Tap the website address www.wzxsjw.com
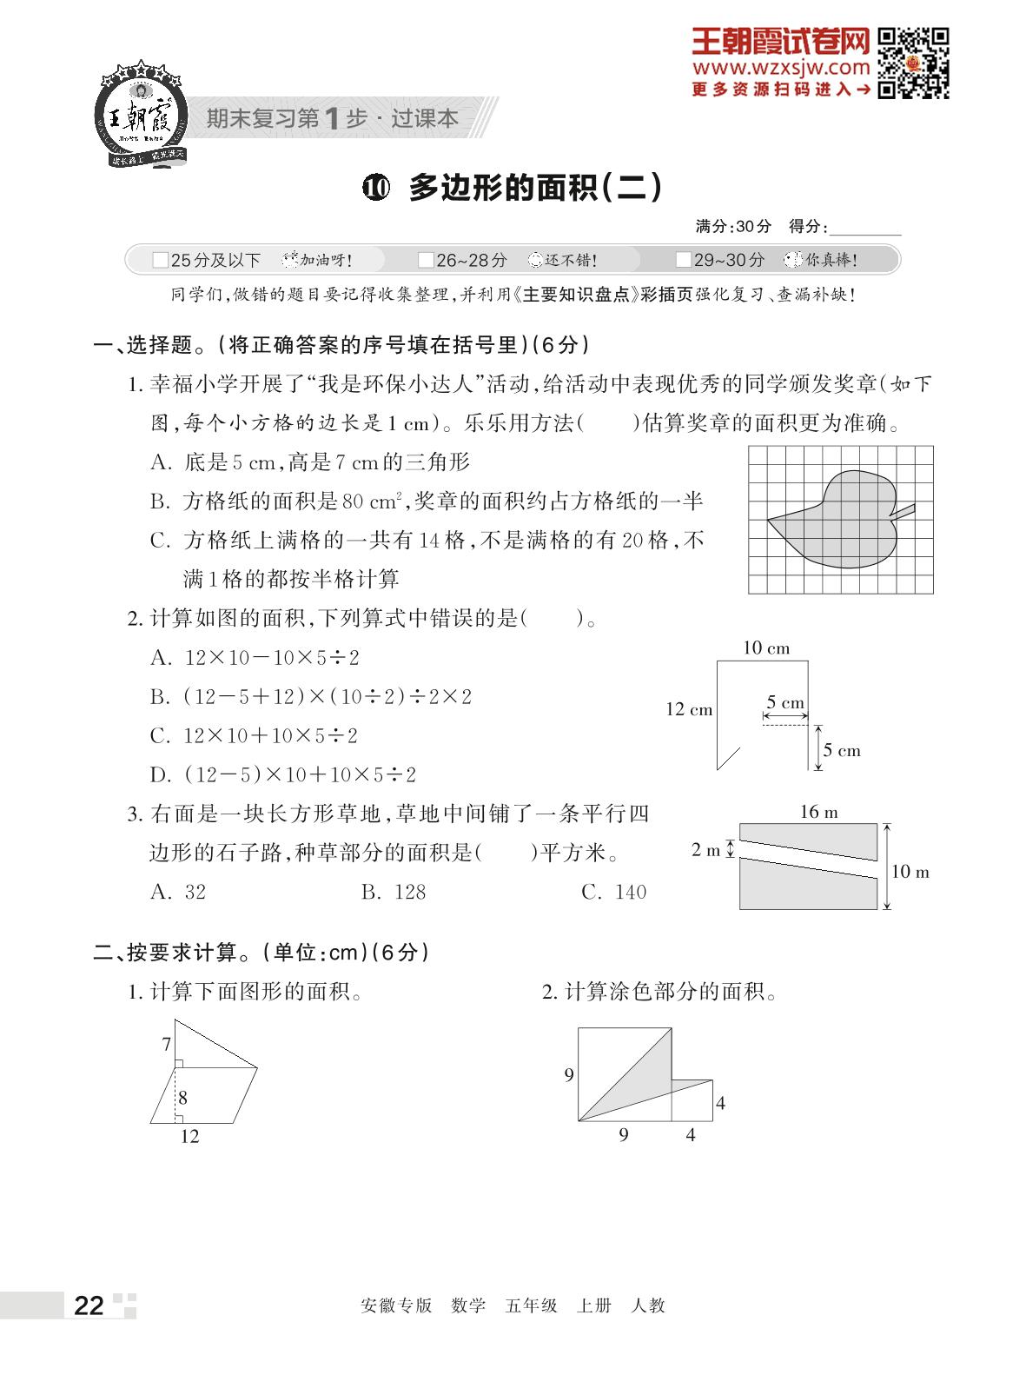pos(781,68)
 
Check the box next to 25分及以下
pos(160,260)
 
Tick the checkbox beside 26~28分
pos(426,260)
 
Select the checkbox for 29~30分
pos(684,260)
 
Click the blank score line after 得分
pos(865,228)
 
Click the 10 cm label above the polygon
pos(765,648)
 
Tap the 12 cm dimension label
pos(689,709)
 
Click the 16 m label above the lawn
pos(818,812)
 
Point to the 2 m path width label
pos(705,850)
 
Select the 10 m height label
pos(910,872)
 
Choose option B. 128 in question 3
pos(394,892)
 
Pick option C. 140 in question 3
pos(613,892)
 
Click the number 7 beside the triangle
pos(167,1044)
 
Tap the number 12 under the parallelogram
pos(189,1136)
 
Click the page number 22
pos(89,1306)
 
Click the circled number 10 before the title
pos(376,187)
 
